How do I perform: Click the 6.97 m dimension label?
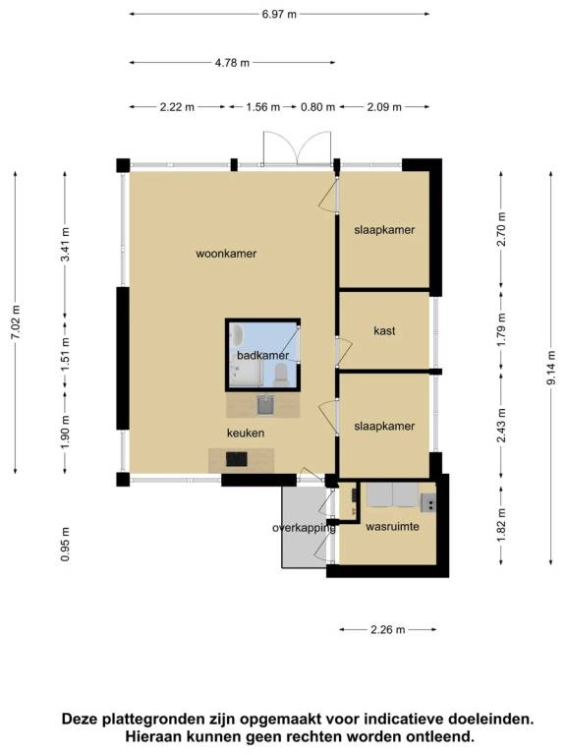coord(279,14)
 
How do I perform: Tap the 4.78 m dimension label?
coord(233,63)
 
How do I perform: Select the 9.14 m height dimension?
coord(551,368)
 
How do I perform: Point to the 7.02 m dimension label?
coord(16,322)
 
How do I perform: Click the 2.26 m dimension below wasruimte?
coord(388,629)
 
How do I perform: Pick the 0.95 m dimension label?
coord(66,544)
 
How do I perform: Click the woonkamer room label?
coord(226,254)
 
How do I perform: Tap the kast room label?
coord(384,330)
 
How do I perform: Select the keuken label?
coord(246,433)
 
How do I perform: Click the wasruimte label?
coord(392,526)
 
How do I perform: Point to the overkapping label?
coord(305,528)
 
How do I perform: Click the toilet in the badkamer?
coord(281,375)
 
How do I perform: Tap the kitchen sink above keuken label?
coord(265,405)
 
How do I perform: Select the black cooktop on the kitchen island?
coord(237,459)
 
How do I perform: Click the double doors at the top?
coord(297,148)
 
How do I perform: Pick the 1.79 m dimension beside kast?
coord(501,330)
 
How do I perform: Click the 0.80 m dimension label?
coord(317,107)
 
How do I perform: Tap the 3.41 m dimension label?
coord(66,245)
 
